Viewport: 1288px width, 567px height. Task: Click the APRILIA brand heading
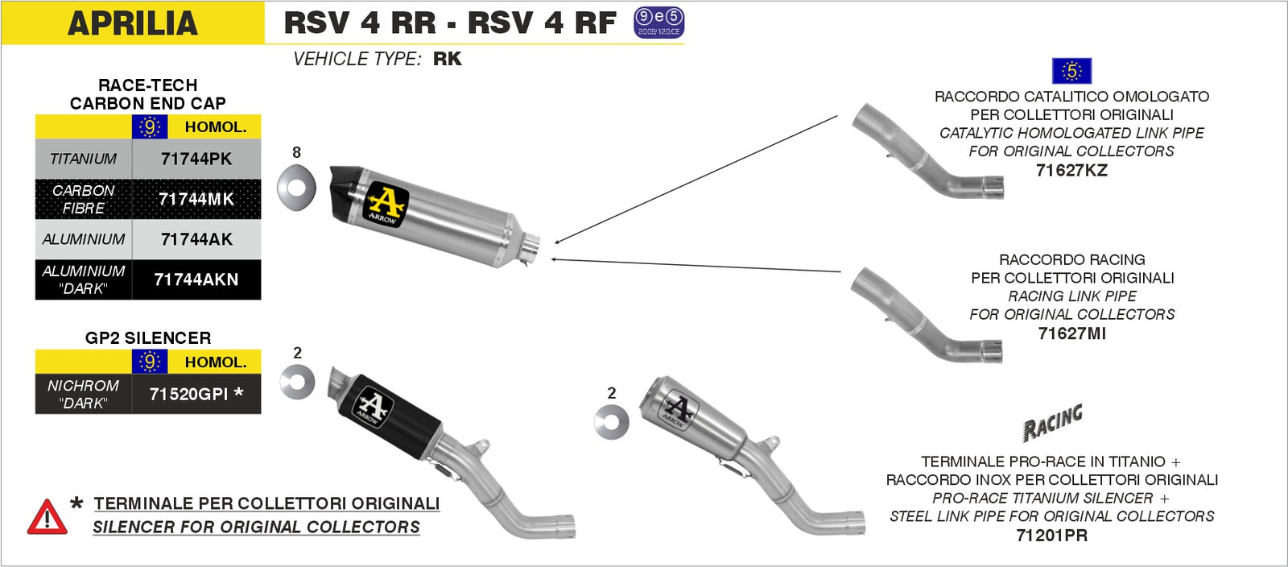click(x=133, y=23)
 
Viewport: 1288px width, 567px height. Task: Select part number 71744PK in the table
click(x=196, y=159)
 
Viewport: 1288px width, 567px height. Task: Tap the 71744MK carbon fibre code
click(x=196, y=199)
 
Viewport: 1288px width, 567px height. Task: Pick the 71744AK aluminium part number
click(x=196, y=239)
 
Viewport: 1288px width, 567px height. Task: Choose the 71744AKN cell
click(x=196, y=279)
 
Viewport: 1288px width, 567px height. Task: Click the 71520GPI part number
click(x=196, y=394)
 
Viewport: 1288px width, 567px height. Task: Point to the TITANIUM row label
click(x=83, y=159)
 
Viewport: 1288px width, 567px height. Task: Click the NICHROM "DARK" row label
click(x=83, y=394)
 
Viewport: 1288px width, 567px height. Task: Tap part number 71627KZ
click(x=1071, y=170)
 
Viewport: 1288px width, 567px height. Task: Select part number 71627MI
click(x=1071, y=333)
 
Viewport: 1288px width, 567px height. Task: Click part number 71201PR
click(x=1051, y=535)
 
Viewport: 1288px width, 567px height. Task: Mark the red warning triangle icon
click(x=47, y=518)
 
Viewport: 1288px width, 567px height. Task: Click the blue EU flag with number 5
click(x=1071, y=71)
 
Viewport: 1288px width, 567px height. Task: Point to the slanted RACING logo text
click(x=1052, y=422)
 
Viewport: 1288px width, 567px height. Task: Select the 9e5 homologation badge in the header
click(x=658, y=23)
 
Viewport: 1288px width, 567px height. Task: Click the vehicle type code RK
click(x=447, y=59)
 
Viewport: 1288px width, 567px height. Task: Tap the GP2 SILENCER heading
click(x=148, y=338)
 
